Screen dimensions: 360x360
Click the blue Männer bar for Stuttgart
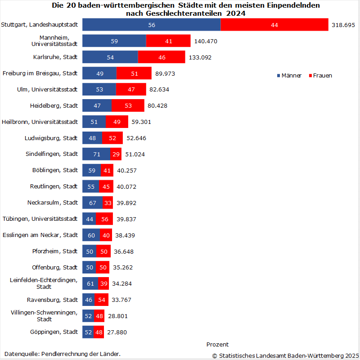[152, 25]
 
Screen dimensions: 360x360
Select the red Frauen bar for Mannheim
[168, 41]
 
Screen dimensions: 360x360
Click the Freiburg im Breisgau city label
[40, 73]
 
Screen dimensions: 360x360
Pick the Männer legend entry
[289, 75]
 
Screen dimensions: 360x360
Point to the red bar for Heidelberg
[128, 105]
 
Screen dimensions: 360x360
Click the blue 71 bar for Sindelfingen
[96, 154]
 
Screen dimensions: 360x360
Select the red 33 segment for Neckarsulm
[108, 203]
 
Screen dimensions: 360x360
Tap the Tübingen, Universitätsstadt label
[40, 219]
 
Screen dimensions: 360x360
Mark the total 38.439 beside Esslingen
[125, 235]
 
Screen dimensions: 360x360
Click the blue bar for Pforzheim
[90, 251]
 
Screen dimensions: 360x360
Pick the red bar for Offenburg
[103, 267]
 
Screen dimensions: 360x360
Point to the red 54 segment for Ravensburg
[101, 300]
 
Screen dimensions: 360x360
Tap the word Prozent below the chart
[217, 345]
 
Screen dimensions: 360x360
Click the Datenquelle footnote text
[63, 354]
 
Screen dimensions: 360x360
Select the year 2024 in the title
[236, 13]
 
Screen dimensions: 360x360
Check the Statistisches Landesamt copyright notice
[285, 355]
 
